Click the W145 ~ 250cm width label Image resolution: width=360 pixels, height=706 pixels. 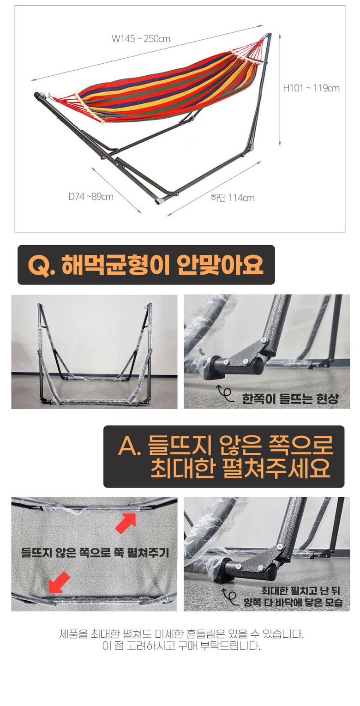point(141,39)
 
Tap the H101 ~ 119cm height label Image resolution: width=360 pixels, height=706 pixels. point(311,88)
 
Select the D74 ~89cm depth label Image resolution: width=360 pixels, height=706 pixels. point(91,197)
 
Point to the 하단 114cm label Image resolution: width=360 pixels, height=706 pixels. point(233,198)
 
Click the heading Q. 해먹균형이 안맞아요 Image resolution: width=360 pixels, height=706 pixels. point(145,265)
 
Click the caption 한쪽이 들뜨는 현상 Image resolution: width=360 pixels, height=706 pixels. point(290,398)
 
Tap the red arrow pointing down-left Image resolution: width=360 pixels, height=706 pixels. point(59,582)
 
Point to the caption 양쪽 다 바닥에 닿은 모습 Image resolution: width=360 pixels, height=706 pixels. point(293,603)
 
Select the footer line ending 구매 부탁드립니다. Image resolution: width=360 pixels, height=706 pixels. point(181,646)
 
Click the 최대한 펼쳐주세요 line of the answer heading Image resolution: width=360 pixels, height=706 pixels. point(240,468)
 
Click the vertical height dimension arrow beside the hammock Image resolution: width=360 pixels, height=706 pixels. point(280,90)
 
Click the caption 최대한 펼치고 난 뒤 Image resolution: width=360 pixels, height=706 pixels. point(301,591)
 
